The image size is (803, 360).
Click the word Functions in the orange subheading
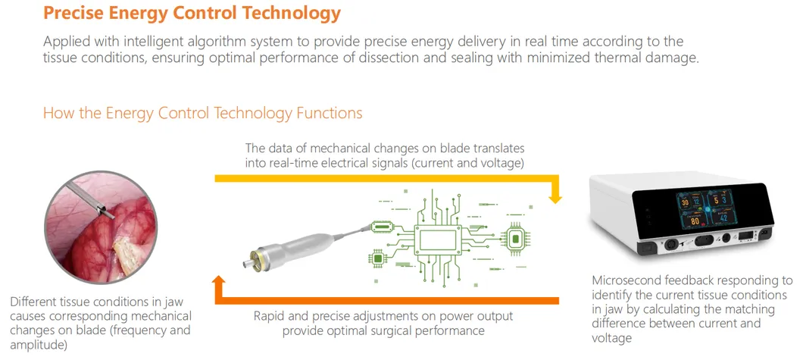point(329,113)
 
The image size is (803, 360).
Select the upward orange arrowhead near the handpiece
point(219,283)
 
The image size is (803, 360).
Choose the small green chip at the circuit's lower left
point(377,259)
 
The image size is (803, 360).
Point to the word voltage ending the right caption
point(611,338)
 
